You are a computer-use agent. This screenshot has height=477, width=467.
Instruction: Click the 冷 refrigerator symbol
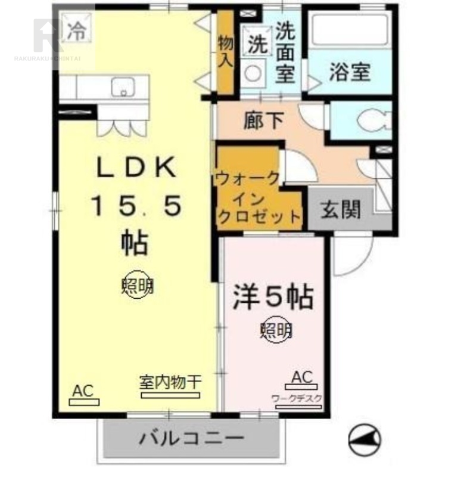point(75,31)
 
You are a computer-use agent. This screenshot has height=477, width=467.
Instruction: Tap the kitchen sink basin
point(124,88)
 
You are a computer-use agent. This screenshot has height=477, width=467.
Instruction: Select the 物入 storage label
point(225,52)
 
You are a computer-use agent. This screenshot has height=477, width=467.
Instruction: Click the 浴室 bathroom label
point(350,72)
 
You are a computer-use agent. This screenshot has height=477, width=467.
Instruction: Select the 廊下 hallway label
point(263,121)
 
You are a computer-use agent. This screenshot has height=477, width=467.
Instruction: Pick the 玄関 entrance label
point(341,208)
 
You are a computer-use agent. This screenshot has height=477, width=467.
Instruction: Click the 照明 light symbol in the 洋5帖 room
point(276,329)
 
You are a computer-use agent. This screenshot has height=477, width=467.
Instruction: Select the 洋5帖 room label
point(273,296)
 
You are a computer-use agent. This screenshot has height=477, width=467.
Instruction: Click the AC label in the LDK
point(84,391)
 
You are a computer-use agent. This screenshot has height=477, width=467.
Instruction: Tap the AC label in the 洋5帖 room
point(302,377)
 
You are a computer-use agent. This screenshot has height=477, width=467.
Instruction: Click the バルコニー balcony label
point(192,439)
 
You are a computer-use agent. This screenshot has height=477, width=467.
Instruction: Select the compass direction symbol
point(365,440)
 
